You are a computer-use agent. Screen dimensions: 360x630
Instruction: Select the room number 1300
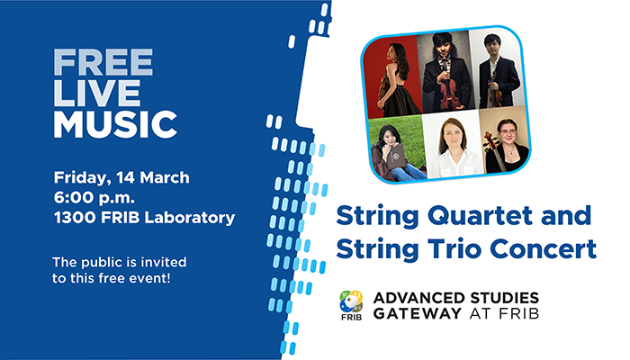75,217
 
